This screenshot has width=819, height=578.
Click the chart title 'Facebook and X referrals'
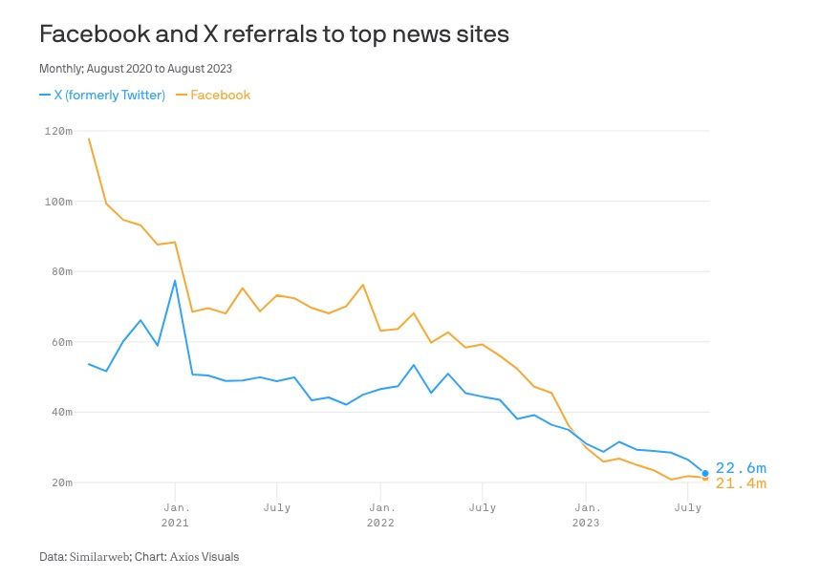pyautogui.click(x=274, y=34)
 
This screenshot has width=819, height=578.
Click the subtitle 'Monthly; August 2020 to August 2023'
pyautogui.click(x=135, y=69)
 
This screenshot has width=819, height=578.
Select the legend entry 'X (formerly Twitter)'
pyautogui.click(x=102, y=95)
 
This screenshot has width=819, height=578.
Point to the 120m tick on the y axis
pyautogui.click(x=58, y=131)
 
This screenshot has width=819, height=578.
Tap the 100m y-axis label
pyautogui.click(x=58, y=202)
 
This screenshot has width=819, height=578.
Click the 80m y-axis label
pyautogui.click(x=61, y=271)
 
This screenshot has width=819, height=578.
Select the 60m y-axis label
pyautogui.click(x=61, y=342)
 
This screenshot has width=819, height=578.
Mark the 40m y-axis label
pyautogui.click(x=61, y=412)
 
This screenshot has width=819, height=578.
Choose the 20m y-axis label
pyautogui.click(x=61, y=482)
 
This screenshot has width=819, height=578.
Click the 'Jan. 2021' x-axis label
pyautogui.click(x=175, y=515)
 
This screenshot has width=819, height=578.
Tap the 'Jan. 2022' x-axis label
pyautogui.click(x=380, y=515)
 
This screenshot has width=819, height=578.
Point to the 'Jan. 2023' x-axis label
pyautogui.click(x=586, y=515)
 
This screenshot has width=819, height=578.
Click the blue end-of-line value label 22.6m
pyautogui.click(x=741, y=468)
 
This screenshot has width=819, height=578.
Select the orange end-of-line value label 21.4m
pyautogui.click(x=741, y=484)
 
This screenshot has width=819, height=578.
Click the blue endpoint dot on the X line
pyautogui.click(x=705, y=473)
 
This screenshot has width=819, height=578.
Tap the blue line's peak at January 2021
pyautogui.click(x=175, y=281)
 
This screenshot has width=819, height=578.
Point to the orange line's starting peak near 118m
pyautogui.click(x=89, y=139)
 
